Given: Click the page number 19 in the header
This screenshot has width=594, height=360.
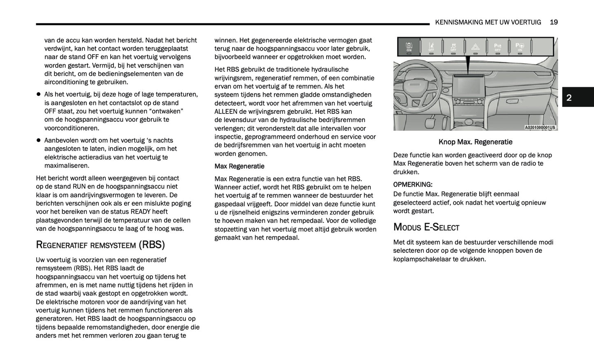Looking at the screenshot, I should pyautogui.click(x=554, y=22).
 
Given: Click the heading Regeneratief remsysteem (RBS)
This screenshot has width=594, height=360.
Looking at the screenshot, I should pyautogui.click(x=100, y=245).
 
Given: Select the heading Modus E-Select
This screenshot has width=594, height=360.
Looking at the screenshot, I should pyautogui.click(x=426, y=227).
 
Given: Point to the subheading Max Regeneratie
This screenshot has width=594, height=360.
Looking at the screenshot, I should pyautogui.click(x=239, y=166).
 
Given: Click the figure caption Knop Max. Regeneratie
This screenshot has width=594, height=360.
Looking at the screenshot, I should pyautogui.click(x=475, y=142).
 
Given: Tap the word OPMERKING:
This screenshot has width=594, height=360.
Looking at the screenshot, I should pyautogui.click(x=413, y=185).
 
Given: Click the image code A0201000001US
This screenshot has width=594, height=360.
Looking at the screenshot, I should pyautogui.click(x=540, y=127).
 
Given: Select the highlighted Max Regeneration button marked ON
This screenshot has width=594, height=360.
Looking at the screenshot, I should pyautogui.click(x=409, y=46).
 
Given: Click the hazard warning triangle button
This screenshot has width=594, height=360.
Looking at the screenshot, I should pyautogui.click(x=475, y=46).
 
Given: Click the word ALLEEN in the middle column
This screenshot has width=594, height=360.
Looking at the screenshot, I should pyautogui.click(x=226, y=111).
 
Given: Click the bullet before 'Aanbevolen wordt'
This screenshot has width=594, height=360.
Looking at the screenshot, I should pyautogui.click(x=39, y=141).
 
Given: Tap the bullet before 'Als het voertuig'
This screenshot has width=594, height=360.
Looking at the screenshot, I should pyautogui.click(x=39, y=95).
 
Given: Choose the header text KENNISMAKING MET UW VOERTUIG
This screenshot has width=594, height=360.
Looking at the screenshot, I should pyautogui.click(x=488, y=22).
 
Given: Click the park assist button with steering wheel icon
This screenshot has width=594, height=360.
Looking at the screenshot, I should pyautogui.click(x=520, y=46).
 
